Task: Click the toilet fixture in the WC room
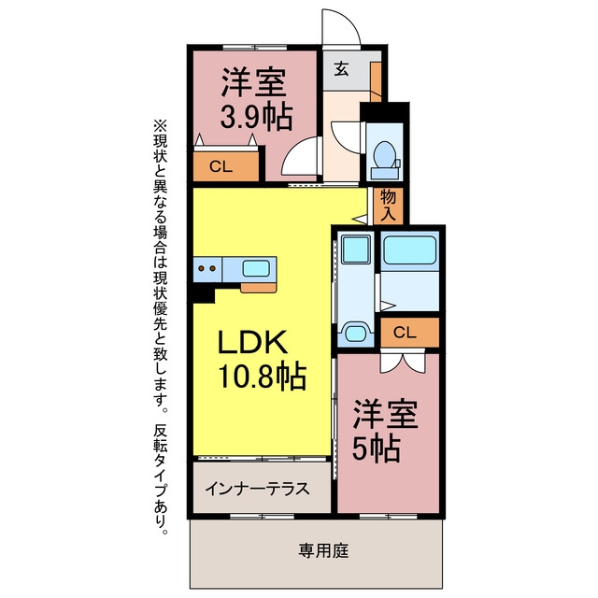(385, 160)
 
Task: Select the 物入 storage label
(388, 206)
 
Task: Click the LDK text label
(252, 342)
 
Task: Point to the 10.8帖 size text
(262, 376)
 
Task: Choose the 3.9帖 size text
(256, 116)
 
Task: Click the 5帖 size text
(376, 448)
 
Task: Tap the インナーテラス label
(257, 489)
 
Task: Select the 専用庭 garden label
(323, 550)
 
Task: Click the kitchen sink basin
(256, 268)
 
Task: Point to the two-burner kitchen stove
(207, 268)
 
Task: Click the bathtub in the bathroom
(409, 249)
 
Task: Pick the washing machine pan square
(356, 249)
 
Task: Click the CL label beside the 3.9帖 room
(221, 166)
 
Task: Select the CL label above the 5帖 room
(405, 333)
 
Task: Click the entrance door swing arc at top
(348, 19)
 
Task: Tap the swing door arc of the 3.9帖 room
(292, 150)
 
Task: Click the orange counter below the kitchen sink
(258, 288)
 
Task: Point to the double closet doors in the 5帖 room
(403, 363)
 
